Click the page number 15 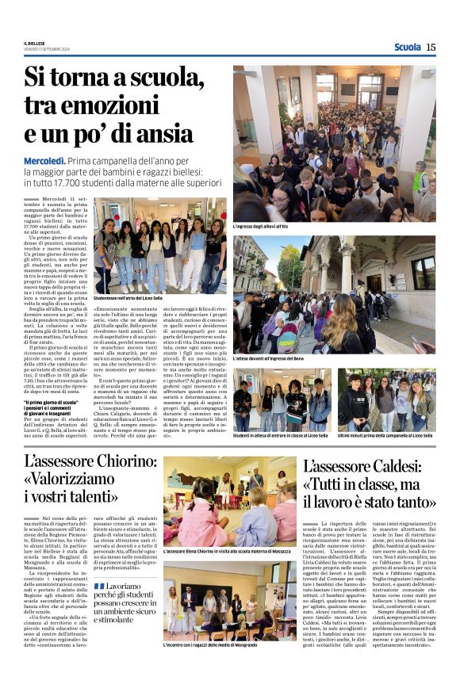point(431,48)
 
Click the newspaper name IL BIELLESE point(35,43)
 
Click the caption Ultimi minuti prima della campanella point(386,435)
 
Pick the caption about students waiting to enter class point(280,435)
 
